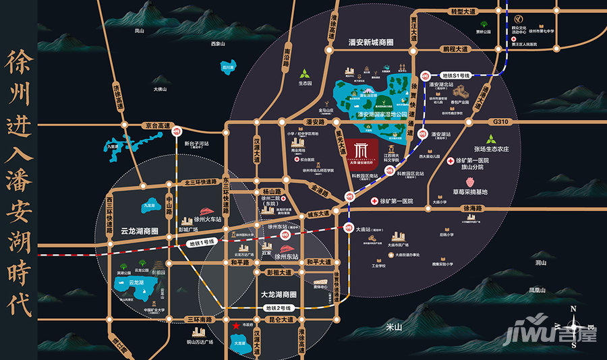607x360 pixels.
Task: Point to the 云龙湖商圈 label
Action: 134,231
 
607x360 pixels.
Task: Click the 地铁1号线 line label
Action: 201,241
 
